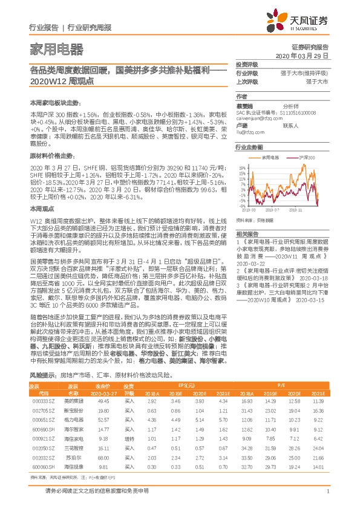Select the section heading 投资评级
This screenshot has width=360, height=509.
click(246, 64)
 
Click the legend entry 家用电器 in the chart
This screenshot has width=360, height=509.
click(270, 157)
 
